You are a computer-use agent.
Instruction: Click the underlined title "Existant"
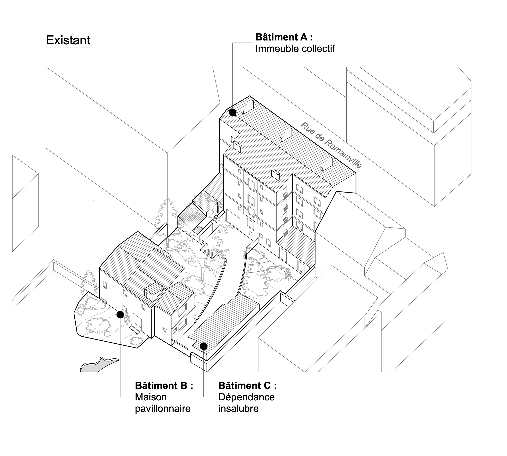pos(68,40)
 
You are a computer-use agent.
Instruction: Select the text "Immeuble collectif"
pos(295,49)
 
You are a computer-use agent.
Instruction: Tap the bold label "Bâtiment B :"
pos(164,385)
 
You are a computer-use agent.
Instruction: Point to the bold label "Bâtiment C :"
pos(247,385)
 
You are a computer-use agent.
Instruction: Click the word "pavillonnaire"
pos(163,408)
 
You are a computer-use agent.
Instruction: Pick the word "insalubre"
pos(238,408)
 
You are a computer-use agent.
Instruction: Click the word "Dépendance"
pos(246,397)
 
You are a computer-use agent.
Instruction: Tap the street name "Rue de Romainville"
pos(331,145)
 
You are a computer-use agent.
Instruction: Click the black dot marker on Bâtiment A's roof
pos(233,112)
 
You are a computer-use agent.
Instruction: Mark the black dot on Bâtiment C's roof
pos(203,346)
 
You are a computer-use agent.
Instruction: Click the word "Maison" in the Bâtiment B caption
pos(151,397)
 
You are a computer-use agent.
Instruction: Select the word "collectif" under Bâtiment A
pos(318,49)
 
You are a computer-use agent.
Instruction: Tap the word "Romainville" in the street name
pos(343,154)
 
